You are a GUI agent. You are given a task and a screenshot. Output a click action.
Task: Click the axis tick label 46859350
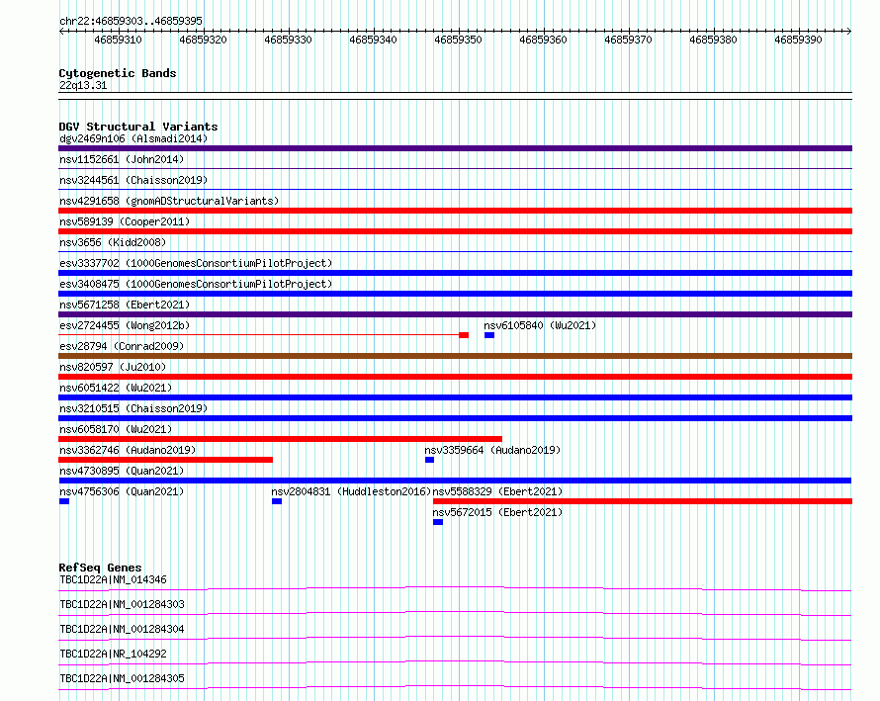pos(458,40)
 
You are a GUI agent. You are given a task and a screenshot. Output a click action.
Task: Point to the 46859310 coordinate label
pos(118,40)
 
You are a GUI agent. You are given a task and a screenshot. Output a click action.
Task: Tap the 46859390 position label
pos(798,40)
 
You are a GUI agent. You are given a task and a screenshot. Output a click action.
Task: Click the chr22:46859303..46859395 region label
pos(131,21)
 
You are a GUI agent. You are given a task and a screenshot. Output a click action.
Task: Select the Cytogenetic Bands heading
pos(118,73)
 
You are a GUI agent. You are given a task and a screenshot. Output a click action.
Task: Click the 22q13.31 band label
pos(83,85)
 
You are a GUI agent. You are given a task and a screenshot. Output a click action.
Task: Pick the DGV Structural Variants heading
pos(138,127)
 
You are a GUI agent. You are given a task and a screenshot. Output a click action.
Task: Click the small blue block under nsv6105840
pos(489,335)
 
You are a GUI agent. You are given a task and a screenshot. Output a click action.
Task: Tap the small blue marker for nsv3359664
pos(429,460)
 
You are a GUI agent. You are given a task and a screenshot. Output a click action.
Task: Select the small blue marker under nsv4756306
pos(64,501)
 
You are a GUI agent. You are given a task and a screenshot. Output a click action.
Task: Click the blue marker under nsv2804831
pos(277,501)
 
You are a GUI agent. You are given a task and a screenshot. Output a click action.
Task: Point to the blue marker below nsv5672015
pos(438,522)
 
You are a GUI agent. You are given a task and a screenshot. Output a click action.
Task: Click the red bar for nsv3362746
pos(165,460)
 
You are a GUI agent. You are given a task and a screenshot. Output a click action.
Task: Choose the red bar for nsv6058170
pos(280,439)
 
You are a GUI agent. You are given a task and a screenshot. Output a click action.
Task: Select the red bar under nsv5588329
pos(643,501)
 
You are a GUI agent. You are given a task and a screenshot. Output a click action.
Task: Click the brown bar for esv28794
pos(455,356)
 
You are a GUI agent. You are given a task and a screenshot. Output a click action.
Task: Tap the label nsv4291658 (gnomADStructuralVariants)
pos(169,201)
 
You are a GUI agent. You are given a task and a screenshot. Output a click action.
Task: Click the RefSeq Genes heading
pos(100,568)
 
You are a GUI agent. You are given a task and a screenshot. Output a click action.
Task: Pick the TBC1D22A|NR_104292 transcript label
pos(114,654)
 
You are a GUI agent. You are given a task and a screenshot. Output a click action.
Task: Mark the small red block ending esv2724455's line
pos(464,335)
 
